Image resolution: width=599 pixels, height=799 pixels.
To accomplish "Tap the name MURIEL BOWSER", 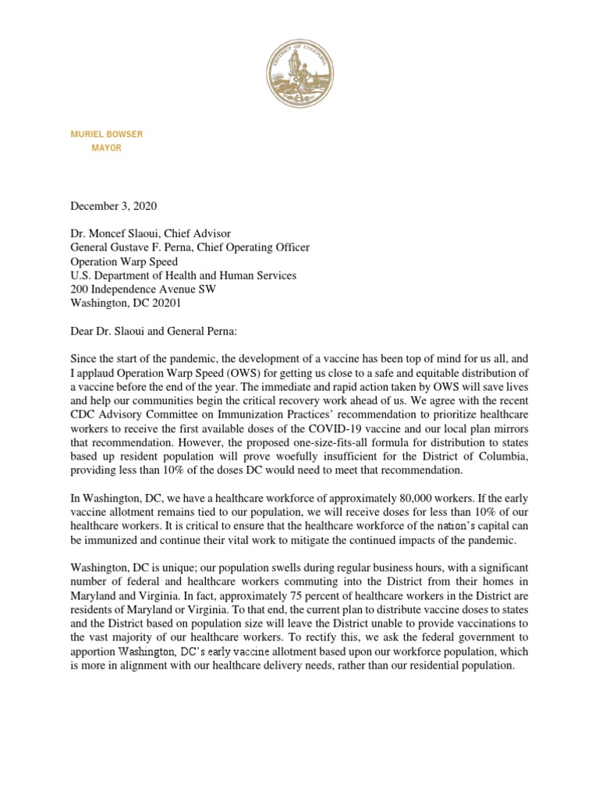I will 106,134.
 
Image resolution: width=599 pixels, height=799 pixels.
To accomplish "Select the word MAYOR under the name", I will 107,148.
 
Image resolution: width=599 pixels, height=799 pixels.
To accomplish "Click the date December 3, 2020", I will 114,206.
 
